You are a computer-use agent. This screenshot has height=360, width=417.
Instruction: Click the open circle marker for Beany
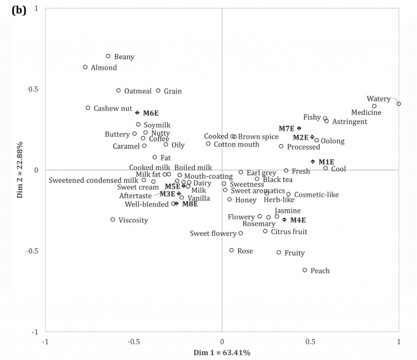click(108, 56)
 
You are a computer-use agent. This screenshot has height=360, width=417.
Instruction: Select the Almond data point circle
click(85, 67)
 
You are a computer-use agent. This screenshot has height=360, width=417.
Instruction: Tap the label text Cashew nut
click(113, 109)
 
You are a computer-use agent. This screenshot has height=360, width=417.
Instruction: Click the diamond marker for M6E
click(137, 113)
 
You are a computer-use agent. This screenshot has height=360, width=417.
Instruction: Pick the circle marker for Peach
click(305, 270)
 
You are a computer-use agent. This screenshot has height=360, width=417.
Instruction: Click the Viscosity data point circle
click(113, 220)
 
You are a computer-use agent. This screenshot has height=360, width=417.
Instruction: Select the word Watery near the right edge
click(378, 99)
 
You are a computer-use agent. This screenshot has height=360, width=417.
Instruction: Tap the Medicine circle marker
click(374, 106)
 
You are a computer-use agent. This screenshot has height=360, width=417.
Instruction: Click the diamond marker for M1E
click(313, 161)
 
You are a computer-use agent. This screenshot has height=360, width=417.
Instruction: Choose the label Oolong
click(332, 142)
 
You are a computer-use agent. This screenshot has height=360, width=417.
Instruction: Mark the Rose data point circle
click(232, 250)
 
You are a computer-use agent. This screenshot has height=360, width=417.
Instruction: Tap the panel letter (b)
click(19, 11)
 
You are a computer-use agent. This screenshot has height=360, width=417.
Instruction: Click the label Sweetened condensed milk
click(93, 180)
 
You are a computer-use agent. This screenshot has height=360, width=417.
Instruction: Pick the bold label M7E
click(286, 129)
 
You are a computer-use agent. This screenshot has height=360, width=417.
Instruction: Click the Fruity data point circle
click(279, 253)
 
